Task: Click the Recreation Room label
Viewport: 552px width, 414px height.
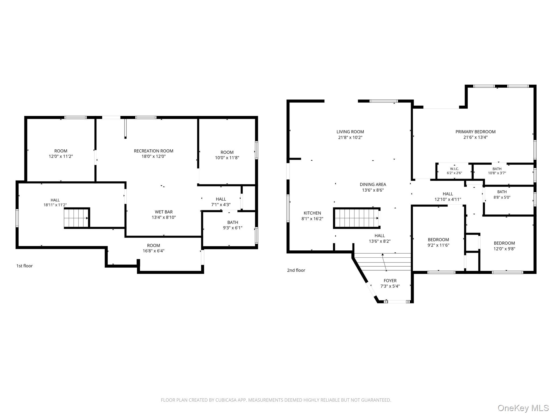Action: coord(154,151)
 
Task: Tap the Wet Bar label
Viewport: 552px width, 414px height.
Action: coord(164,212)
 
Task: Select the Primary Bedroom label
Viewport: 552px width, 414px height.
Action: coord(475,132)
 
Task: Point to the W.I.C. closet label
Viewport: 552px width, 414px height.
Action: coord(454,169)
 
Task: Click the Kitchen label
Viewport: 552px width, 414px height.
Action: coord(312,213)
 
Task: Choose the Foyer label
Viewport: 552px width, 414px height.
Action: coord(390,281)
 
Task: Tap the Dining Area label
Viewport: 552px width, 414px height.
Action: coord(373,184)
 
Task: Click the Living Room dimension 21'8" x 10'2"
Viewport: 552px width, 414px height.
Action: coord(350,137)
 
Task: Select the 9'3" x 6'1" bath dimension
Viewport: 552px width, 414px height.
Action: coord(233,228)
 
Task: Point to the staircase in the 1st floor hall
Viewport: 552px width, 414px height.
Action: coord(76,218)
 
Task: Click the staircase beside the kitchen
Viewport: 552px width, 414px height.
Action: coord(356,218)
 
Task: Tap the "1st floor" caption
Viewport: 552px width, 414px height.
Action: coord(25,266)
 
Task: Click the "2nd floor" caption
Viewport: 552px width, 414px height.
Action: coord(296,270)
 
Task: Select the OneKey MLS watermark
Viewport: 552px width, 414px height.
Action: coord(523,408)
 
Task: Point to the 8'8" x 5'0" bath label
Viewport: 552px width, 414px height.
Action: coord(502,194)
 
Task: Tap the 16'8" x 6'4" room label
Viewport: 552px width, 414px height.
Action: coord(153,248)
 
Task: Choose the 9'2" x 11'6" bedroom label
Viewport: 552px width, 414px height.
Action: coord(438,242)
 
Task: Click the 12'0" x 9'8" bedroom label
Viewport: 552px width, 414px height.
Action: coord(504,246)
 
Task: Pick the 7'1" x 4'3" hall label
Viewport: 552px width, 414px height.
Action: coord(221,202)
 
